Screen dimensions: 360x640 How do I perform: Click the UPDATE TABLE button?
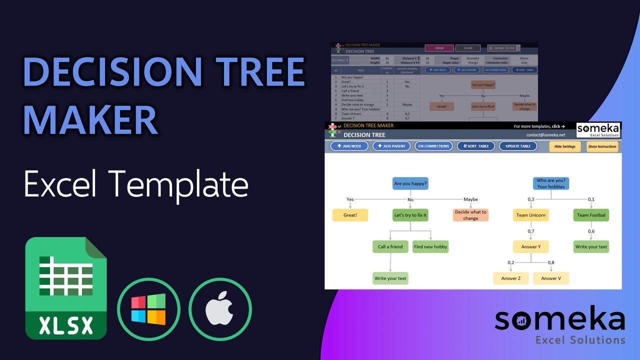click(x=518, y=146)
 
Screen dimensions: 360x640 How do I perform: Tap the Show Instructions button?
click(x=602, y=146)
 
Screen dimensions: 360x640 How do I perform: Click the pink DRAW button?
click(x=439, y=48)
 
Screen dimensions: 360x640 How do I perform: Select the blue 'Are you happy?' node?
click(x=410, y=183)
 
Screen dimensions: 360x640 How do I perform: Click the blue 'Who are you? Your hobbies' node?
click(x=551, y=183)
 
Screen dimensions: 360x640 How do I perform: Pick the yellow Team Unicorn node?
click(x=531, y=215)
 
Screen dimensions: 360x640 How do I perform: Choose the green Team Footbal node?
click(x=591, y=215)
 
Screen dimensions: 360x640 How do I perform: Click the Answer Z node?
click(x=511, y=278)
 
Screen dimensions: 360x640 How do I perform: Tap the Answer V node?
click(x=551, y=278)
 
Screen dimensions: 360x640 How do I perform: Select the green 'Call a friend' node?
click(x=390, y=246)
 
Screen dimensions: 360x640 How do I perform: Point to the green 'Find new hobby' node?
click(x=430, y=246)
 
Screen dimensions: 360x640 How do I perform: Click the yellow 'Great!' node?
click(x=350, y=215)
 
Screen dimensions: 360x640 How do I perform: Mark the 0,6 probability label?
click(x=591, y=231)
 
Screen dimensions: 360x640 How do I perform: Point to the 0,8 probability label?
click(x=551, y=262)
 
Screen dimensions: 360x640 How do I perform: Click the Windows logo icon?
click(x=148, y=309)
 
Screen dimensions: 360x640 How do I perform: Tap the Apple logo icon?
click(x=220, y=309)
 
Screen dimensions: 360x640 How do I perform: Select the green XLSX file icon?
click(x=66, y=288)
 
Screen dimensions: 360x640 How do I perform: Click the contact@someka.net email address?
click(x=545, y=135)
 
